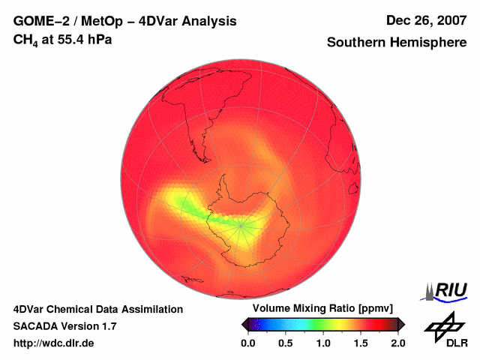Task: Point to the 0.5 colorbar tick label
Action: click(x=285, y=343)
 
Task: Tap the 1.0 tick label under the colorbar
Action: click(x=323, y=343)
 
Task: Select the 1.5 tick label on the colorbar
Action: click(x=361, y=343)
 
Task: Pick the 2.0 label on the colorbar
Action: click(x=398, y=343)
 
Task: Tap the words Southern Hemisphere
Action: click(x=397, y=43)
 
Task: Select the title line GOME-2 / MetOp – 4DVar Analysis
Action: click(x=125, y=21)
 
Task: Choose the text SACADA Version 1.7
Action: click(x=65, y=326)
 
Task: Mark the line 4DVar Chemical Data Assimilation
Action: click(x=98, y=309)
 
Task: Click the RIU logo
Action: click(x=447, y=291)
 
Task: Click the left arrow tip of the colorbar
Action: click(x=244, y=324)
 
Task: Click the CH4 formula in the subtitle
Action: click(x=26, y=39)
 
